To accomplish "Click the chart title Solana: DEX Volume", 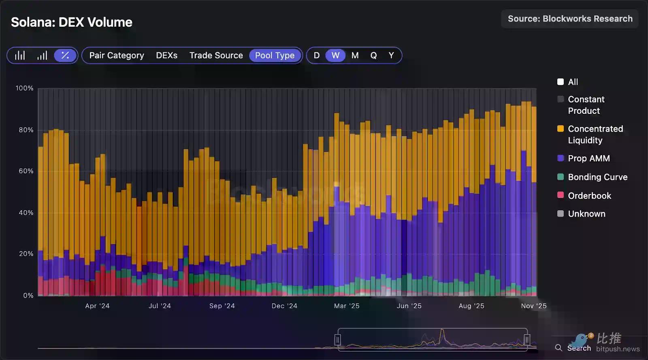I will (71, 22).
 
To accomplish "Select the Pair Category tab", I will (117, 55).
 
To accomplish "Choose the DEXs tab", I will (166, 55).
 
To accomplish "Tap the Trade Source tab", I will (216, 55).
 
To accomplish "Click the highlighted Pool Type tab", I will (275, 55).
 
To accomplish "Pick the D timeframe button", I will (317, 55).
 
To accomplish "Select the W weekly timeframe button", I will (335, 55).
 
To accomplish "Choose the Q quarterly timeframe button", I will (373, 55).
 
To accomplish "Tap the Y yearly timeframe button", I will (391, 55).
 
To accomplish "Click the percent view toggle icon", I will (65, 55).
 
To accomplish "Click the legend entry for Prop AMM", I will (588, 158).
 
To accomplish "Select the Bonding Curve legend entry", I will (597, 177).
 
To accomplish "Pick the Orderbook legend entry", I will (589, 196).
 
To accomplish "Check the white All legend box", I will (561, 82).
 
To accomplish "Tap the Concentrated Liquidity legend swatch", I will (561, 129).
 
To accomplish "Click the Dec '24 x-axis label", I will (284, 306).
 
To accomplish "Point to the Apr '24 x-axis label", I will (97, 306).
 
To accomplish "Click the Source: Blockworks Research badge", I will (570, 19).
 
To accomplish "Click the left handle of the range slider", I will (337, 340).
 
